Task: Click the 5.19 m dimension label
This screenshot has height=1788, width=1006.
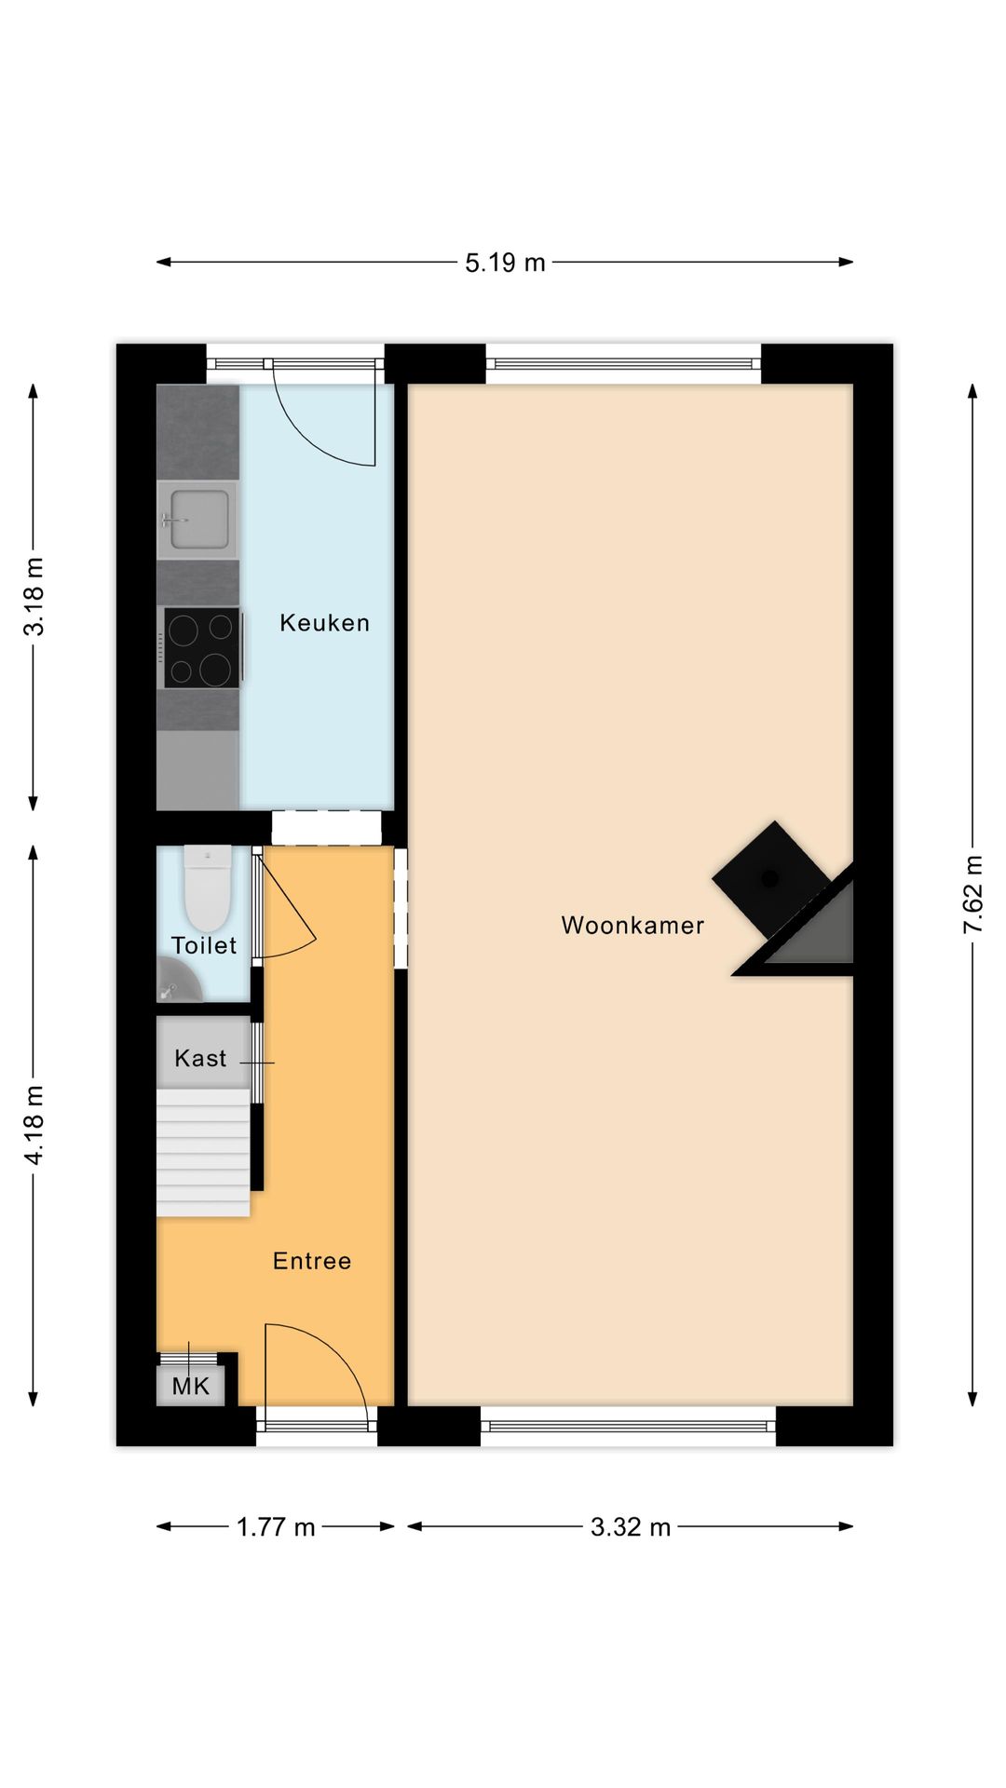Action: pyautogui.click(x=505, y=263)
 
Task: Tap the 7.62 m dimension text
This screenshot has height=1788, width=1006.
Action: pyautogui.click(x=972, y=895)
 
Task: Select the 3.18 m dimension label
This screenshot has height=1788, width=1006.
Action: pyautogui.click(x=34, y=597)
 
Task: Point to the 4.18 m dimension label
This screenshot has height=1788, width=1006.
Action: pyautogui.click(x=34, y=1124)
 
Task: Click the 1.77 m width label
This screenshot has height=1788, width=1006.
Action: pyautogui.click(x=276, y=1527)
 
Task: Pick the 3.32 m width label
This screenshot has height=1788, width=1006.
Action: pyautogui.click(x=631, y=1527)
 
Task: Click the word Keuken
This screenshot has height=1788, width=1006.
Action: pyautogui.click(x=324, y=623)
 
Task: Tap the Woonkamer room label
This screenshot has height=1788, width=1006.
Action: pyautogui.click(x=632, y=926)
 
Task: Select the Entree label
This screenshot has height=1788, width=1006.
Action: pyautogui.click(x=312, y=1261)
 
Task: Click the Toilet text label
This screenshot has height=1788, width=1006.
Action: pyautogui.click(x=204, y=946)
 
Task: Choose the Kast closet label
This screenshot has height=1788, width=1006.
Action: pyautogui.click(x=200, y=1059)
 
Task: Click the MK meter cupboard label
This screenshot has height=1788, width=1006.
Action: pyautogui.click(x=191, y=1387)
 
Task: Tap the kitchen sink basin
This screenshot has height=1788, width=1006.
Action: pyautogui.click(x=197, y=519)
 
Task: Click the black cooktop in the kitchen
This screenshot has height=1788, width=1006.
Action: pyautogui.click(x=201, y=647)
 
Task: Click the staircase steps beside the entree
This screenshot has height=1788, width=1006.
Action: pyautogui.click(x=203, y=1155)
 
